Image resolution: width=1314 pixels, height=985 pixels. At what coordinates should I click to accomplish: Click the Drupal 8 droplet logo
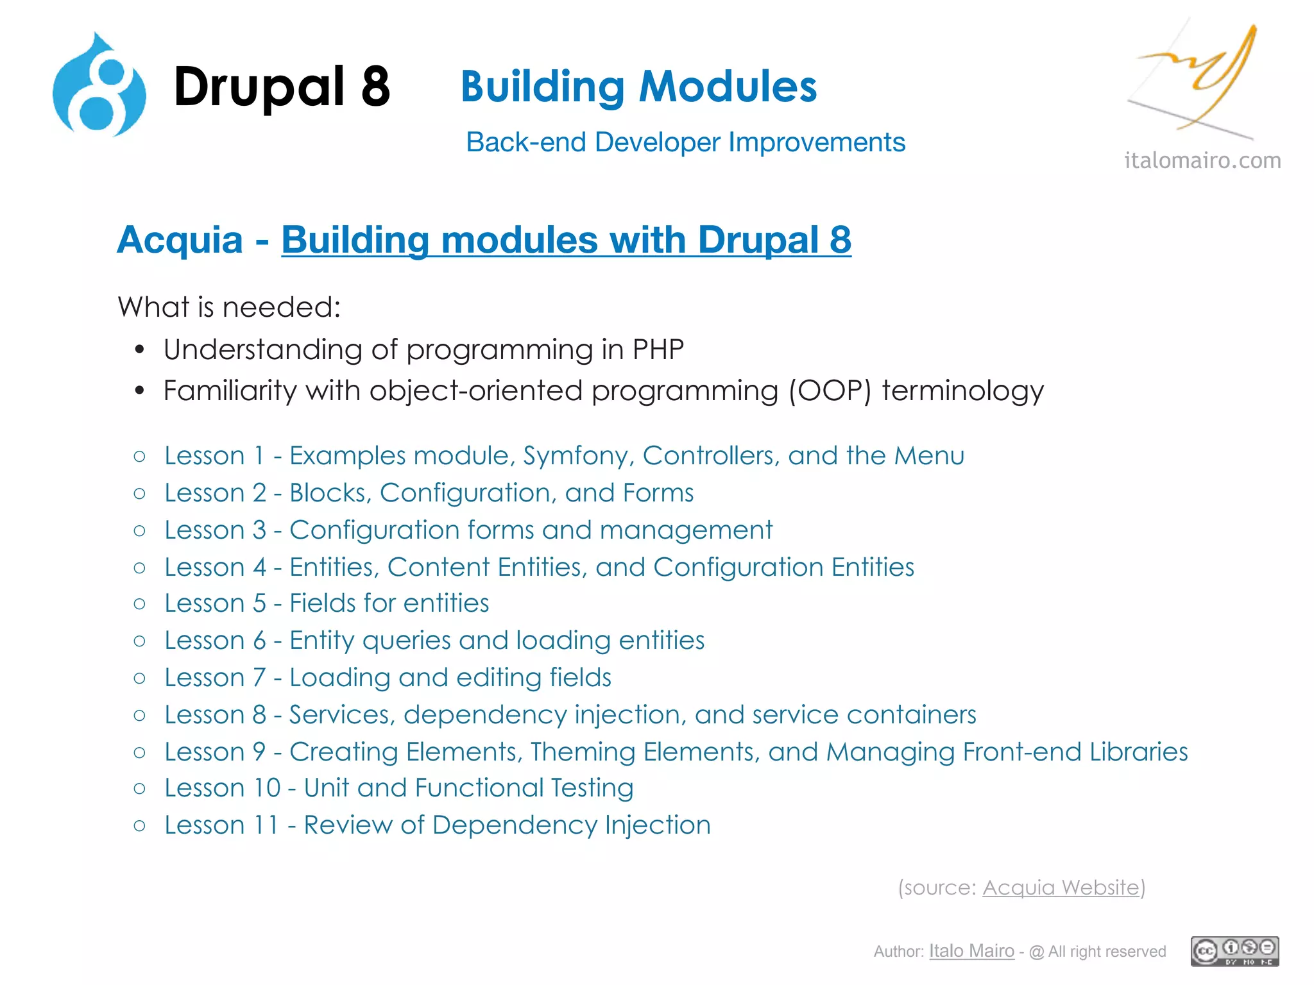99,87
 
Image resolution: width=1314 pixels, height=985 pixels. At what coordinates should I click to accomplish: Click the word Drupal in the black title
259,87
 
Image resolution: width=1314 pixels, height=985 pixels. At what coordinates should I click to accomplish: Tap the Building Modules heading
638,87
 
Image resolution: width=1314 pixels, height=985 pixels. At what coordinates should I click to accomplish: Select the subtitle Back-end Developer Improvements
685,142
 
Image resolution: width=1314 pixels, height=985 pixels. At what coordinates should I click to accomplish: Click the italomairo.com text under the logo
1202,160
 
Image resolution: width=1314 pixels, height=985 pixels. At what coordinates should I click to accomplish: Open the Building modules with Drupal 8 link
566,240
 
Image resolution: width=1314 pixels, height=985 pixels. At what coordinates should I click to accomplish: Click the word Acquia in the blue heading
180,240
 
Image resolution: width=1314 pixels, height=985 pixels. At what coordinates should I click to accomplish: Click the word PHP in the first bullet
658,350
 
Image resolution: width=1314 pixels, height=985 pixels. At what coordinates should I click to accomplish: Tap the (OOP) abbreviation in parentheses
830,391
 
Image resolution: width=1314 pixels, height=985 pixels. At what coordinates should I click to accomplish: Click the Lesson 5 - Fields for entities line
327,603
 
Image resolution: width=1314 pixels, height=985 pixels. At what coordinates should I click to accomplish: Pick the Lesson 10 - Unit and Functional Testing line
398,788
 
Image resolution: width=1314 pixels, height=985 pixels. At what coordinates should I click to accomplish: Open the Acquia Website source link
1061,888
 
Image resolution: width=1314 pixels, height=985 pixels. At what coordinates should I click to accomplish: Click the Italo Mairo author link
971,951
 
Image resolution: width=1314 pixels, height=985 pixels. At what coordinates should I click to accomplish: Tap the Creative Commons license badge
1234,951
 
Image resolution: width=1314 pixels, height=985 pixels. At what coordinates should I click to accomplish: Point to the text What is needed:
229,307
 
